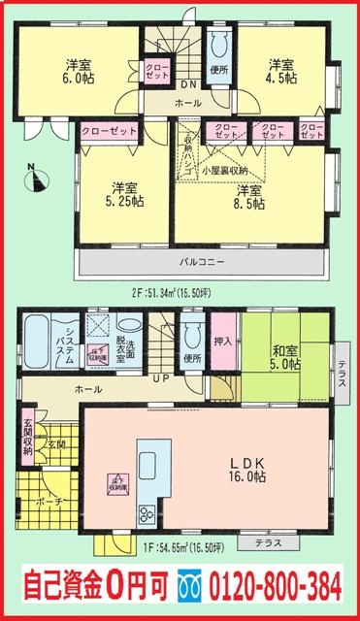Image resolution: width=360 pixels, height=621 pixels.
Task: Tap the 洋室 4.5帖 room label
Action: coord(282,73)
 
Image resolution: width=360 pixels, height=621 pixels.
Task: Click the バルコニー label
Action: coord(203,263)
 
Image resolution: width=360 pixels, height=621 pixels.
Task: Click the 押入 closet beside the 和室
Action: coord(223,343)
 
